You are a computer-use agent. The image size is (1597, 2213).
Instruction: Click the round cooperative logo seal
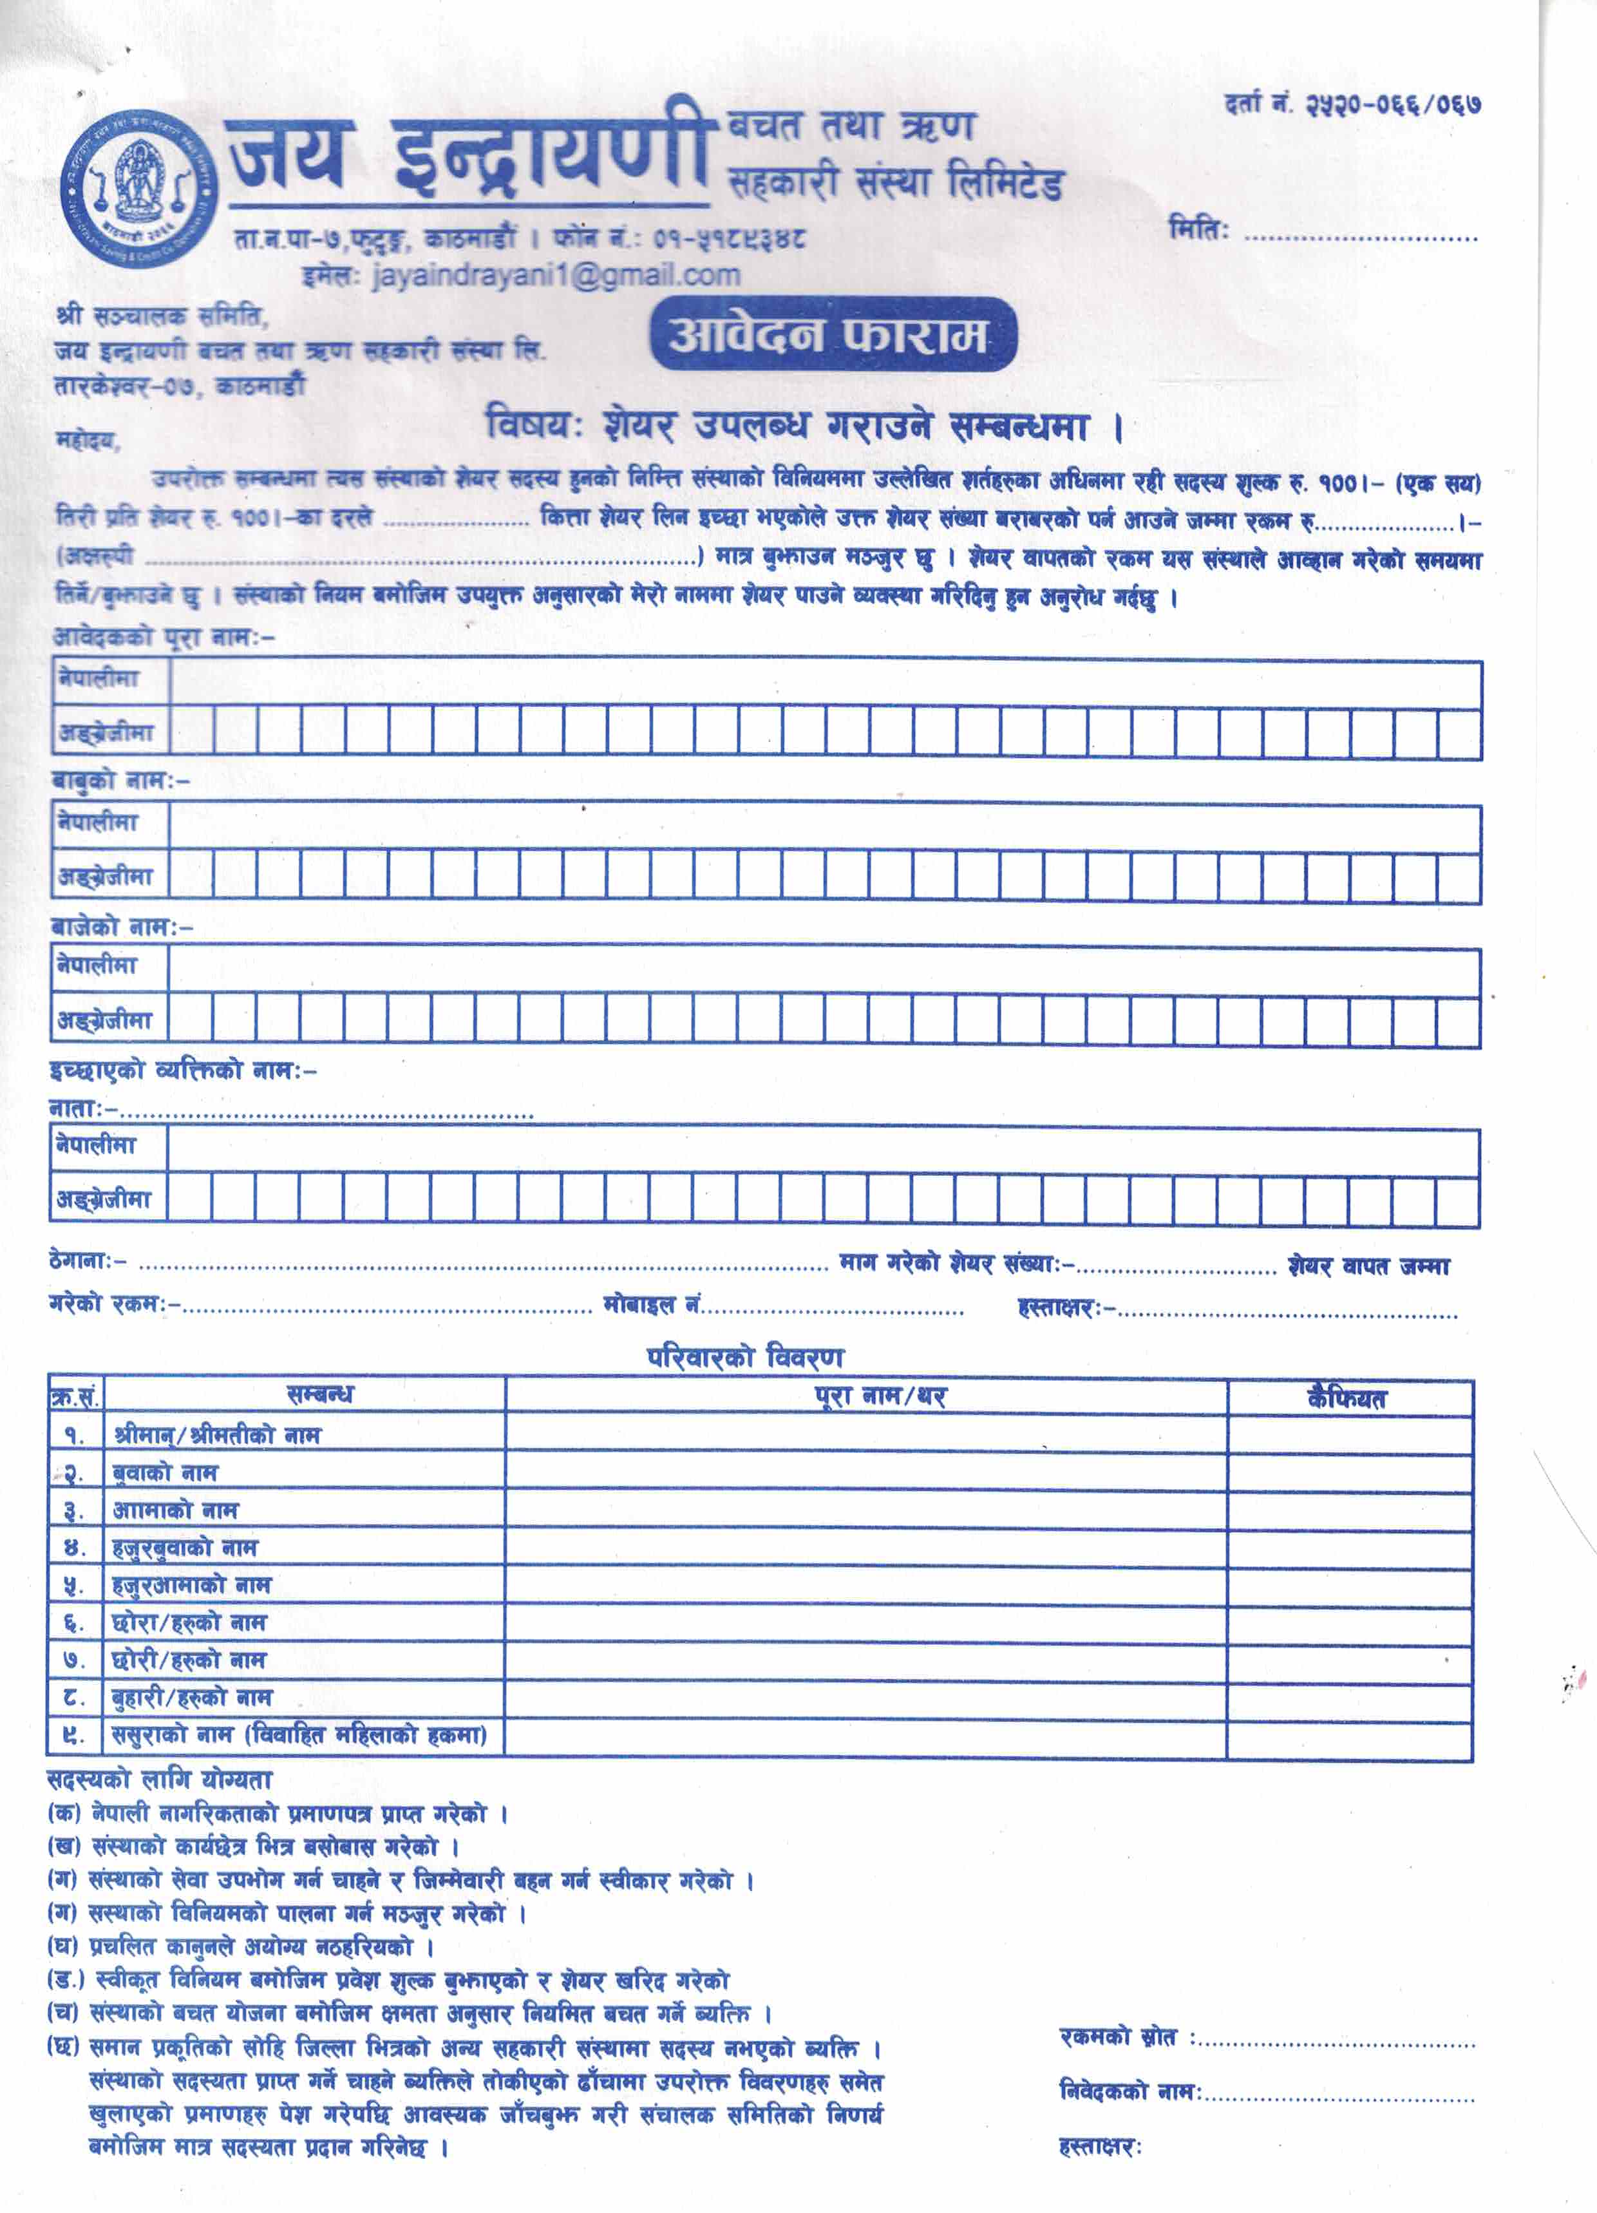pyautogui.click(x=138, y=187)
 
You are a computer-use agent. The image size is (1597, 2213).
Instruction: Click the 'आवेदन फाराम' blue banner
pyautogui.click(x=832, y=335)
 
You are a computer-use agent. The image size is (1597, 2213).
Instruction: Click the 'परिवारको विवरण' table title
pyautogui.click(x=745, y=1356)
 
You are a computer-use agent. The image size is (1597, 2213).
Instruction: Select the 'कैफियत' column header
pyautogui.click(x=1347, y=1398)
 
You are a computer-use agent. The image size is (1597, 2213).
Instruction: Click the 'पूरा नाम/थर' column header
pyautogui.click(x=880, y=1396)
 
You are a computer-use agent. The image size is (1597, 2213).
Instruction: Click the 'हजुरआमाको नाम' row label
pyautogui.click(x=191, y=1586)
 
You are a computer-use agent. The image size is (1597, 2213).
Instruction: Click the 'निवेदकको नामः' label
pyautogui.click(x=1129, y=2092)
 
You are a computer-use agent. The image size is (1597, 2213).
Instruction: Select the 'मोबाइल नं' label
pyautogui.click(x=652, y=1305)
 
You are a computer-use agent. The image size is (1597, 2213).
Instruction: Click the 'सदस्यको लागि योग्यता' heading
pyautogui.click(x=159, y=1780)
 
